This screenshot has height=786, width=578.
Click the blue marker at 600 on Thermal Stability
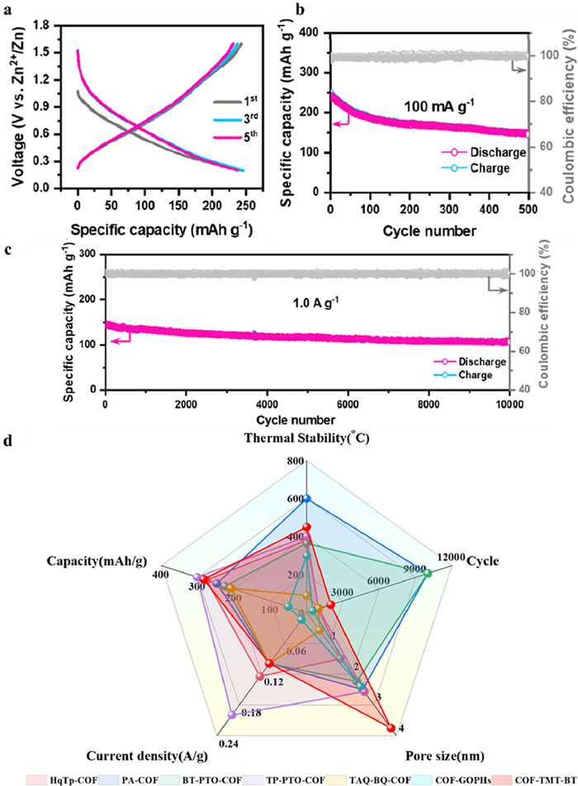307,498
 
